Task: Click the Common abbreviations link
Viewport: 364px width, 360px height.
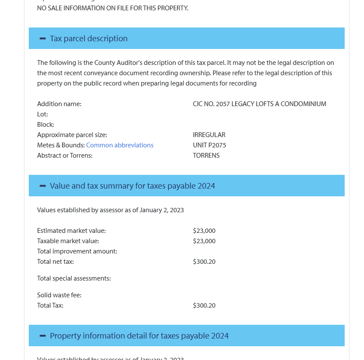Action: click(120, 145)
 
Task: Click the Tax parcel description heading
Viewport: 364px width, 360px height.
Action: click(88, 39)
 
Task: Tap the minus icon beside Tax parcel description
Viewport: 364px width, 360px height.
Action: click(42, 39)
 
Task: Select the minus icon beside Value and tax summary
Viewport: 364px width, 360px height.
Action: click(42, 186)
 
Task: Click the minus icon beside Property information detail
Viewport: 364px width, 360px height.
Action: click(42, 336)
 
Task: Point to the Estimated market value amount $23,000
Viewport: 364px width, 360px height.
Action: click(204, 231)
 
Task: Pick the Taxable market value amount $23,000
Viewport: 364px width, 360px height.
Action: click(204, 241)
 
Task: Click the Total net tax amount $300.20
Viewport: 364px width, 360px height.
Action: click(204, 262)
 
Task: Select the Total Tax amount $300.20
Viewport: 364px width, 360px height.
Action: click(204, 305)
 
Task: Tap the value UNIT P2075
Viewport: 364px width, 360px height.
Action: click(209, 145)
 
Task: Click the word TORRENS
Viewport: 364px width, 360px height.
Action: click(206, 156)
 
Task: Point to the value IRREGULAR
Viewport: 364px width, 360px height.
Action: click(209, 135)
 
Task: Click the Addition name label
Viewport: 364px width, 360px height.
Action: click(59, 104)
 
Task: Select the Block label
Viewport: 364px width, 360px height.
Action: click(45, 125)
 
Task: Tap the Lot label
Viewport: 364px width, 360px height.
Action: click(42, 114)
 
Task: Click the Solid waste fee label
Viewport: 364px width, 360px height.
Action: click(59, 295)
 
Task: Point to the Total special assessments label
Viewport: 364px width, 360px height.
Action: click(74, 278)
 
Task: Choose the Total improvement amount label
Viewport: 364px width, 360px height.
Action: click(77, 251)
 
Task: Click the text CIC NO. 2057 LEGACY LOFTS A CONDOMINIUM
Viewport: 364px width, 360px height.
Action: click(260, 104)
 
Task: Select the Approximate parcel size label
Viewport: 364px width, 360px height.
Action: click(72, 135)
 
